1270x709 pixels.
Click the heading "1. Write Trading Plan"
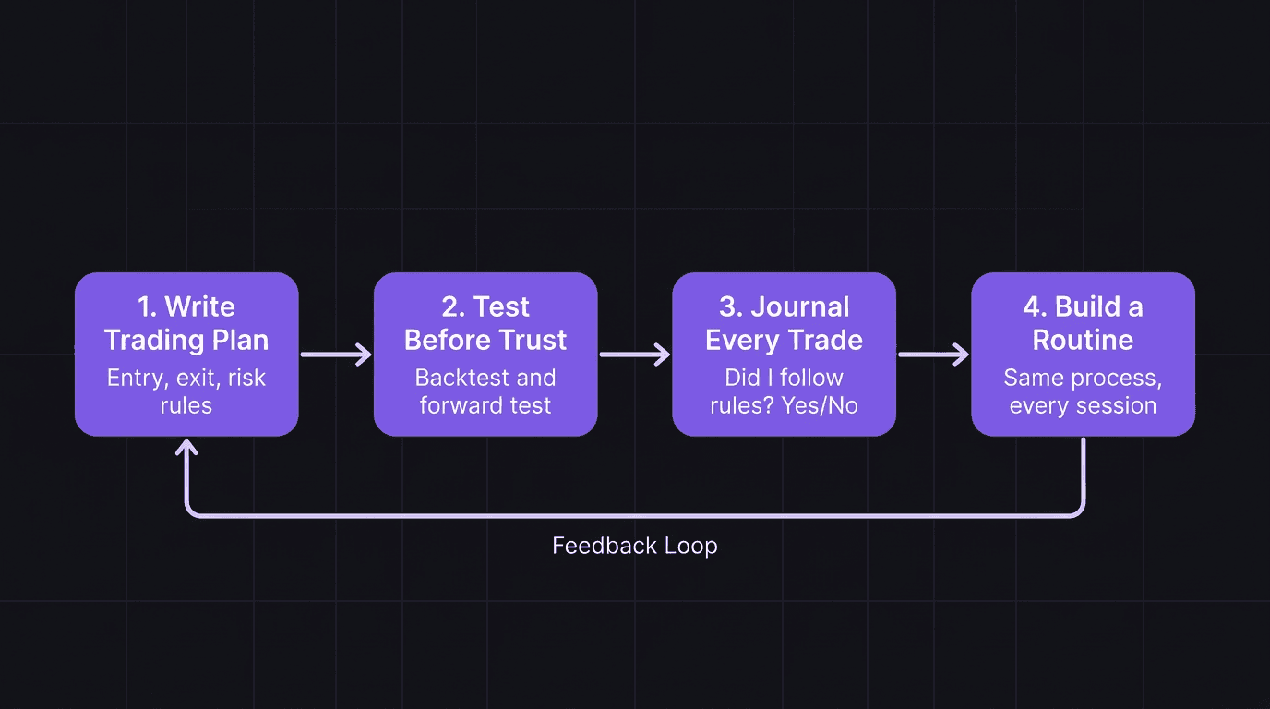tap(186, 323)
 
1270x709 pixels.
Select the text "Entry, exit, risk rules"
tap(186, 391)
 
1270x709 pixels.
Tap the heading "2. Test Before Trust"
tap(485, 323)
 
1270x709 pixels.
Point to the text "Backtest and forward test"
tap(485, 391)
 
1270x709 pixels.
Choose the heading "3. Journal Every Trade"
tap(784, 323)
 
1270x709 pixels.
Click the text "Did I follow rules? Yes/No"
tap(784, 391)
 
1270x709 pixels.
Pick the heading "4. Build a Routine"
tap(1083, 323)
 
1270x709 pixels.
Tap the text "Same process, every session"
tap(1083, 391)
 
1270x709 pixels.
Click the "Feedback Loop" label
tap(635, 546)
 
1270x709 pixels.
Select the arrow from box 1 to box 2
tap(336, 354)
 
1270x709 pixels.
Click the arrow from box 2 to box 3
tap(635, 354)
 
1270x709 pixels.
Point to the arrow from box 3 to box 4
tap(933, 354)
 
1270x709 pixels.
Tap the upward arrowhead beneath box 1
tap(187, 448)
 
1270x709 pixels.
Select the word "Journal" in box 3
tap(799, 306)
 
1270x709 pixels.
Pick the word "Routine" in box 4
tap(1083, 340)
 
